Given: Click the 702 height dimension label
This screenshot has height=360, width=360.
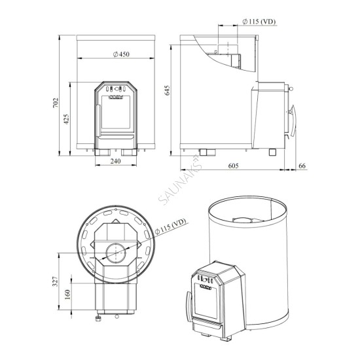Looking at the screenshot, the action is point(56,103).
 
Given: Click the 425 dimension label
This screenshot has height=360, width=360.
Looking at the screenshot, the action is point(66,119).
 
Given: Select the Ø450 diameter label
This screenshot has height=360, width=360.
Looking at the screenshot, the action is point(121,54).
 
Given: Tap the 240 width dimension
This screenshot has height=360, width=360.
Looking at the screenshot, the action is point(115,161).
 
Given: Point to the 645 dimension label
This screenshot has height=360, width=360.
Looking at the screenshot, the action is point(168,90).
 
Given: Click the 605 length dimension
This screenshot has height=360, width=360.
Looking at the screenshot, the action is point(233,166).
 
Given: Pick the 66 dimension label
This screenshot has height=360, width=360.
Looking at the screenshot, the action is point(302,166).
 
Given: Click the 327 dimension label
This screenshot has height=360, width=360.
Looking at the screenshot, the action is point(56,281).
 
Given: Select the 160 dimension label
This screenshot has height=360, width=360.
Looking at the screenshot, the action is point(67,295).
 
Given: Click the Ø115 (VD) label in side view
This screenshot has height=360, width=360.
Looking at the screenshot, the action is point(259,22).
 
